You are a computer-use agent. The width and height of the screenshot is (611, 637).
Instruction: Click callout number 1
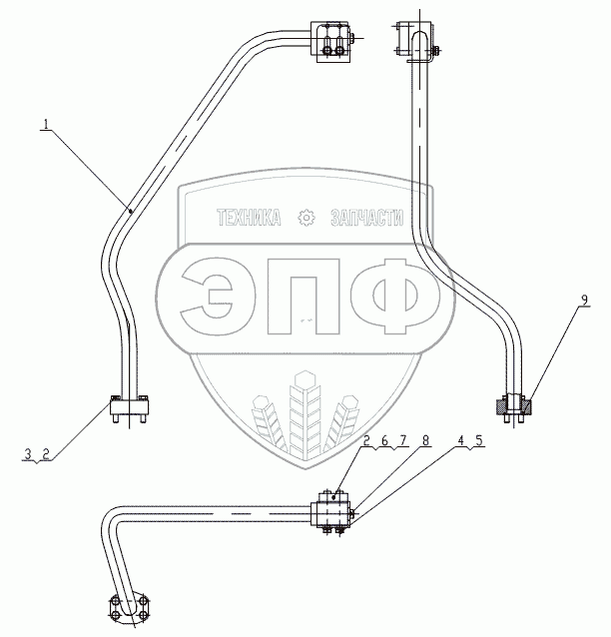[x=45, y=125]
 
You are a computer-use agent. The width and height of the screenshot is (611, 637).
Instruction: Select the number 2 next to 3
[x=45, y=453]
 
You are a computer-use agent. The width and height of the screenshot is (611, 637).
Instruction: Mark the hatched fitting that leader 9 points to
[x=515, y=405]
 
